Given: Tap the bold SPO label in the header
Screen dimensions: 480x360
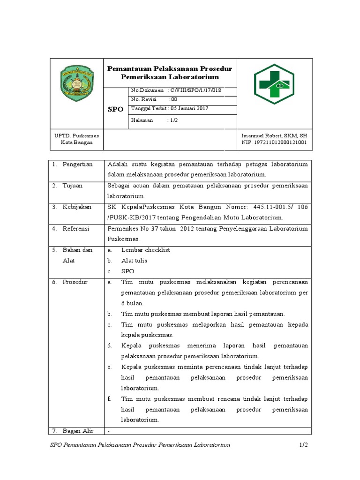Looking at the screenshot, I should tap(115, 109).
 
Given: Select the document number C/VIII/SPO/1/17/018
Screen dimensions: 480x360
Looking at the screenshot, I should tap(196, 90).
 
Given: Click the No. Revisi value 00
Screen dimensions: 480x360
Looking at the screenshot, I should tap(173, 99).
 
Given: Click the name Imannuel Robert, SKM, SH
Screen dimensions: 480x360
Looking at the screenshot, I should tap(274, 135).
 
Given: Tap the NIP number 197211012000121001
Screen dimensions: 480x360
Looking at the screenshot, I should tap(274, 142).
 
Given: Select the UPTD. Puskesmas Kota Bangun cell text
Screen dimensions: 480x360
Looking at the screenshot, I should tap(76, 139).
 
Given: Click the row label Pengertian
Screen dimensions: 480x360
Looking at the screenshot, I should tap(77, 164).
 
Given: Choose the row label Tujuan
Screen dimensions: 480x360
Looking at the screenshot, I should tap(72, 186).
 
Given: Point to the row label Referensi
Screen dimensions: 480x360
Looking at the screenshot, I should tap(77, 229).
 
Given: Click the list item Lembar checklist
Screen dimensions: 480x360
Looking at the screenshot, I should tap(145, 250).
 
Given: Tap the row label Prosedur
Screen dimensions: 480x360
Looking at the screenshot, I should tap(75, 282).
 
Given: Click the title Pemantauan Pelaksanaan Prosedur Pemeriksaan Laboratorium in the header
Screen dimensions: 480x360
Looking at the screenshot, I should tap(170, 73).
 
